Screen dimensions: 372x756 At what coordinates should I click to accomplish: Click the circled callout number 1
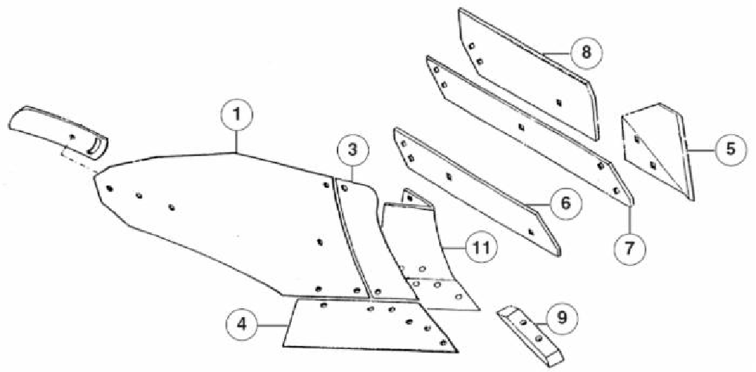coord(237,116)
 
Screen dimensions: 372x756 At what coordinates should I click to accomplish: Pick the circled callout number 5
coord(731,149)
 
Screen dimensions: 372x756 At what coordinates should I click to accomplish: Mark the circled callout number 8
coord(586,53)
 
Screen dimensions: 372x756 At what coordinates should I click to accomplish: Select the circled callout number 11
coord(481,245)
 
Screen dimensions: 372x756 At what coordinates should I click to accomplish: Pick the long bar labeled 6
coord(475,189)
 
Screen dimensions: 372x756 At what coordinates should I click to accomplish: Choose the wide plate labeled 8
coord(530,74)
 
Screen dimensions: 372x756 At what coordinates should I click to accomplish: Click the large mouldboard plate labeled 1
coord(230,215)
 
